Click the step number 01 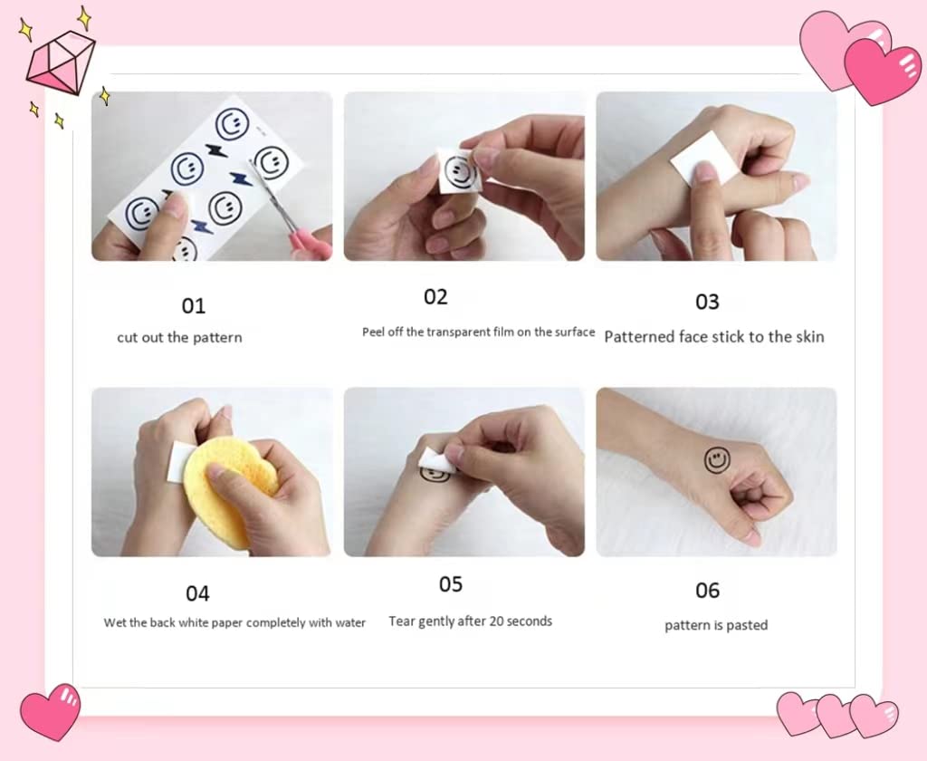click(x=194, y=306)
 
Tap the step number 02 click(x=435, y=297)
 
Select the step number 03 click(x=707, y=302)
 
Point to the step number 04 click(x=197, y=593)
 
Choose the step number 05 click(x=451, y=584)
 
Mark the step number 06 click(x=707, y=590)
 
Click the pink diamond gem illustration click(x=61, y=63)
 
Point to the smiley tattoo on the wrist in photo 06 click(x=717, y=460)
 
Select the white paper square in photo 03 click(x=704, y=157)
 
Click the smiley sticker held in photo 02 click(x=459, y=171)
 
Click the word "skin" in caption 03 click(x=810, y=337)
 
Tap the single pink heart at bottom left click(x=51, y=712)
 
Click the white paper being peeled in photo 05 click(x=436, y=460)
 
